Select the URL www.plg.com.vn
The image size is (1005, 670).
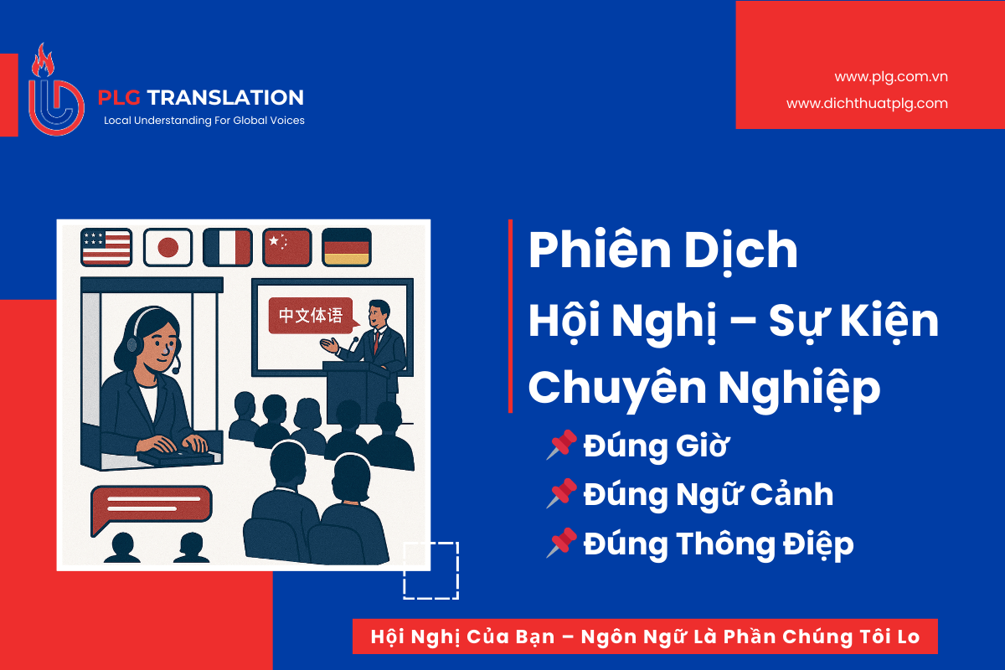click(x=890, y=77)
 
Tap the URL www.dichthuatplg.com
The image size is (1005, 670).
click(x=867, y=104)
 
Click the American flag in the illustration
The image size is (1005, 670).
click(x=106, y=247)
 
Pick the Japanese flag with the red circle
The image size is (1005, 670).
click(x=167, y=247)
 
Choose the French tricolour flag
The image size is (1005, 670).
click(x=227, y=247)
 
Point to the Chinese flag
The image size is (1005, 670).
click(x=286, y=247)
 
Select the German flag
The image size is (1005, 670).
click(x=346, y=247)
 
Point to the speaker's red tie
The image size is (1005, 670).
click(x=378, y=340)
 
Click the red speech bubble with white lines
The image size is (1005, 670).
click(x=151, y=507)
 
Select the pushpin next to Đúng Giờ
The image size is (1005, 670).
click(x=561, y=445)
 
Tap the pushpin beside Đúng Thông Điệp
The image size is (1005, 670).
click(x=561, y=543)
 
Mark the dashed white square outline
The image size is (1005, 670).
click(x=430, y=570)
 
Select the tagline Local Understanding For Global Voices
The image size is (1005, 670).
click(x=204, y=121)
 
